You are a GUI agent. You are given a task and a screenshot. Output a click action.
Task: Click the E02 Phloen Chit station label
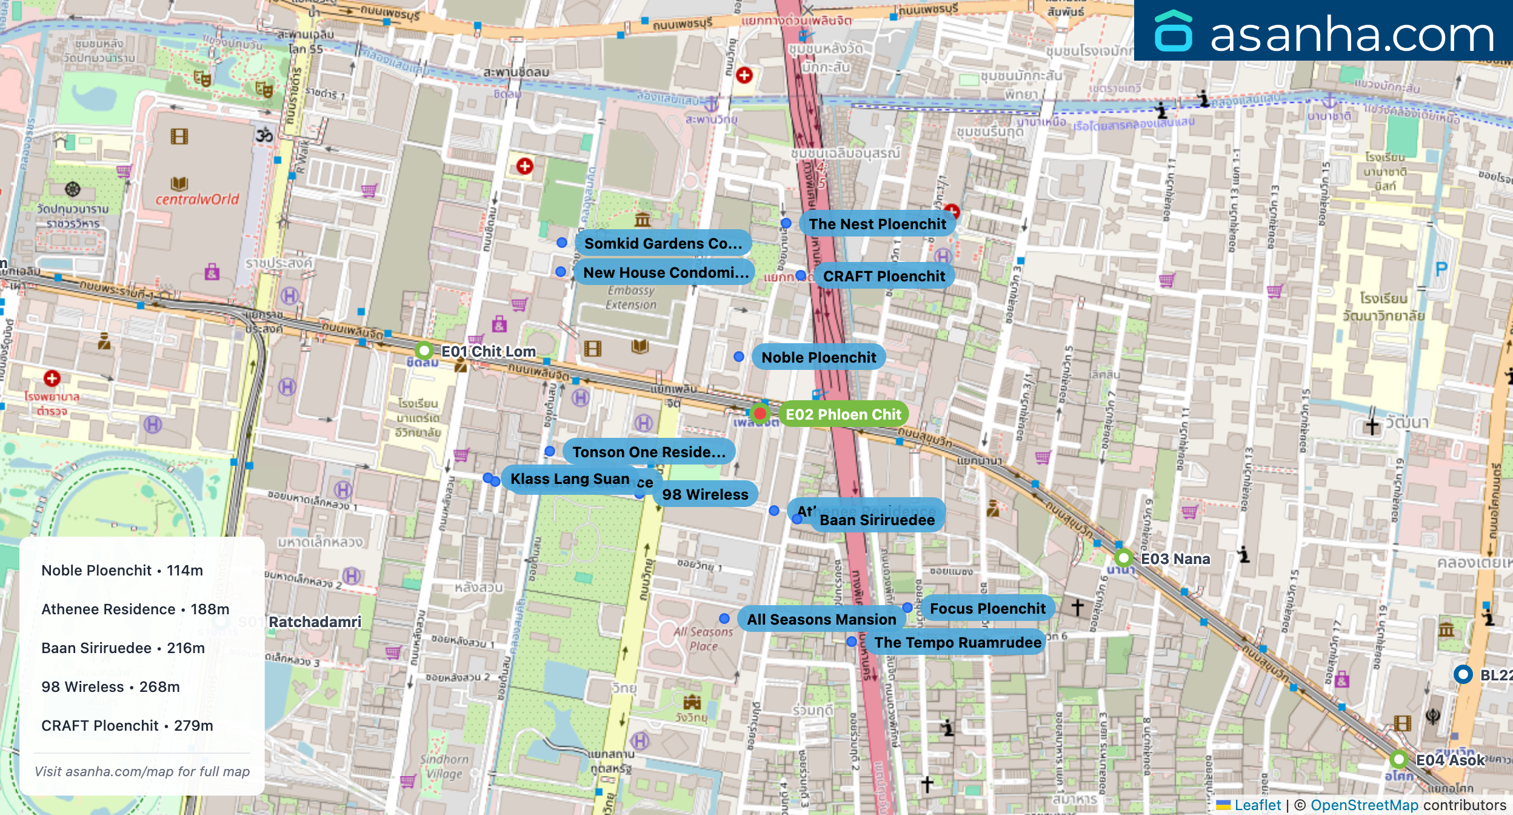click(843, 415)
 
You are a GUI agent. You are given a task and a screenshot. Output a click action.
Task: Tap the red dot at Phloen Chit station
click(760, 414)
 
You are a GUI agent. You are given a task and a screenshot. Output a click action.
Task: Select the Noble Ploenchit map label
click(818, 358)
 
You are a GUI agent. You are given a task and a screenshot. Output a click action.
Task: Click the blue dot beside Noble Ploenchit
click(739, 357)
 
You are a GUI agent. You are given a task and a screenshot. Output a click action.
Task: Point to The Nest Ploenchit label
click(877, 224)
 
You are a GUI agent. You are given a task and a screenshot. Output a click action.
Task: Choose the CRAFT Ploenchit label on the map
click(884, 277)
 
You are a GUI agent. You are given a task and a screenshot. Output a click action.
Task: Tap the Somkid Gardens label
click(663, 244)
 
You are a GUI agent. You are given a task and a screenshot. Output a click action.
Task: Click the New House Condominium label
click(666, 273)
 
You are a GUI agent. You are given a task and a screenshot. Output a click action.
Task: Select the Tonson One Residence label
click(649, 452)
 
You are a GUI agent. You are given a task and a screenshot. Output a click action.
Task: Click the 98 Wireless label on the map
click(705, 495)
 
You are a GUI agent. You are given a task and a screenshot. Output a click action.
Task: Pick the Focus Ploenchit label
click(987, 609)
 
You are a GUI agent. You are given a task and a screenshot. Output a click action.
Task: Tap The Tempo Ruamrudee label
click(957, 643)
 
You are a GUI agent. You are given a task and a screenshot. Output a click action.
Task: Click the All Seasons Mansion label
click(821, 620)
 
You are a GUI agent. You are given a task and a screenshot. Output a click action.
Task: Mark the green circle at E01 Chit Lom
click(424, 350)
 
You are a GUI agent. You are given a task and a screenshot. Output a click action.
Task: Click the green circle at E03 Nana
click(1123, 558)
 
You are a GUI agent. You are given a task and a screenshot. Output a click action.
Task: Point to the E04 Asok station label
click(1449, 760)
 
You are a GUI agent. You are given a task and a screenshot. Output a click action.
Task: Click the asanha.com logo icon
click(1173, 32)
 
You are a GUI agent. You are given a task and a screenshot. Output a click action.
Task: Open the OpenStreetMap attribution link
click(1364, 805)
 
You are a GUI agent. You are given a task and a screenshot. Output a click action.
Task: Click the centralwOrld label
click(197, 200)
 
